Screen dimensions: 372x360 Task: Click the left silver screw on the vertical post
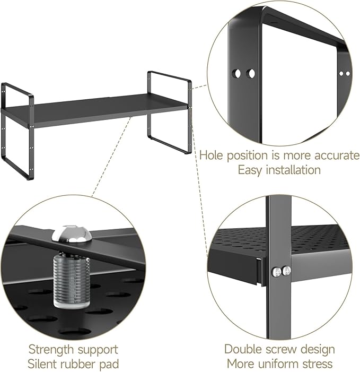click(x=275, y=271)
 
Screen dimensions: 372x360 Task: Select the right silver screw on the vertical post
click(x=287, y=271)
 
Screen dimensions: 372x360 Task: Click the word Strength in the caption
click(x=52, y=350)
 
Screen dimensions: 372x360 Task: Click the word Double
click(x=245, y=350)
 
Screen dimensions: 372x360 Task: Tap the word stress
click(x=318, y=364)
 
